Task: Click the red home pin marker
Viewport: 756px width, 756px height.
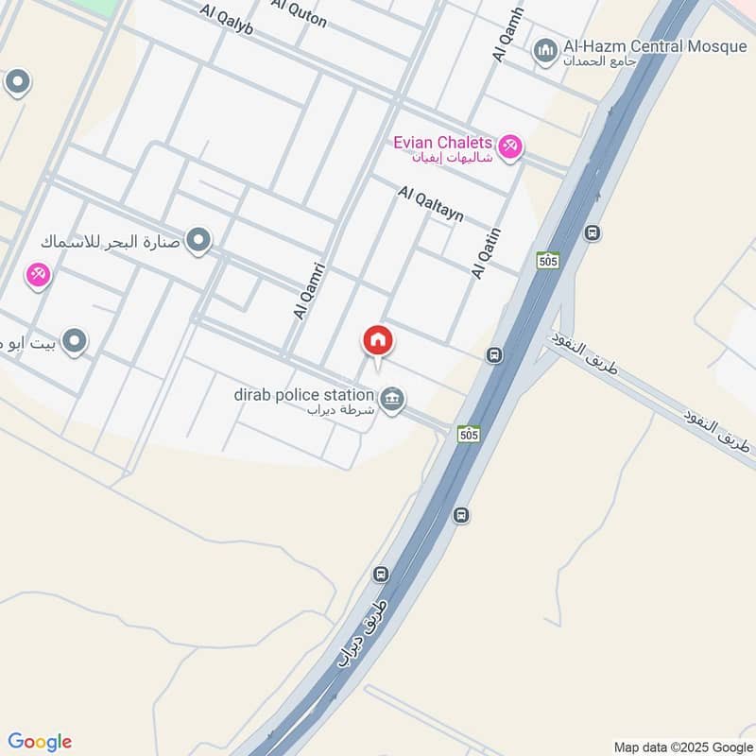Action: click(377, 340)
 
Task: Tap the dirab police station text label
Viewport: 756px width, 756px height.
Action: click(304, 394)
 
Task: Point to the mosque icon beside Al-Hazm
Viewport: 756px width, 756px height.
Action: click(545, 51)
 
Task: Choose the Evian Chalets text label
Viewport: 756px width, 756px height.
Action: click(443, 143)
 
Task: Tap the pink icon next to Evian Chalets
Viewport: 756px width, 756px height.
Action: click(510, 146)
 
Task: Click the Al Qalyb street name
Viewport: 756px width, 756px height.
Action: click(227, 20)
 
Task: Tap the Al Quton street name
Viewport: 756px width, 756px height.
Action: click(299, 13)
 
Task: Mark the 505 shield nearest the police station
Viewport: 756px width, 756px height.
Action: click(467, 434)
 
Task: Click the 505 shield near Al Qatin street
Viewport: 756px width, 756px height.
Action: click(547, 259)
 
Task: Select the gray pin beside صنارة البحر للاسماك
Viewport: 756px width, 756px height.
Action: click(198, 241)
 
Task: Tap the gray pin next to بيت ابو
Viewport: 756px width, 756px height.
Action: click(75, 341)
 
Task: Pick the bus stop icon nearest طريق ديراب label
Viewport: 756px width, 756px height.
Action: click(381, 574)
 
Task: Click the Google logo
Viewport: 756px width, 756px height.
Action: click(40, 742)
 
